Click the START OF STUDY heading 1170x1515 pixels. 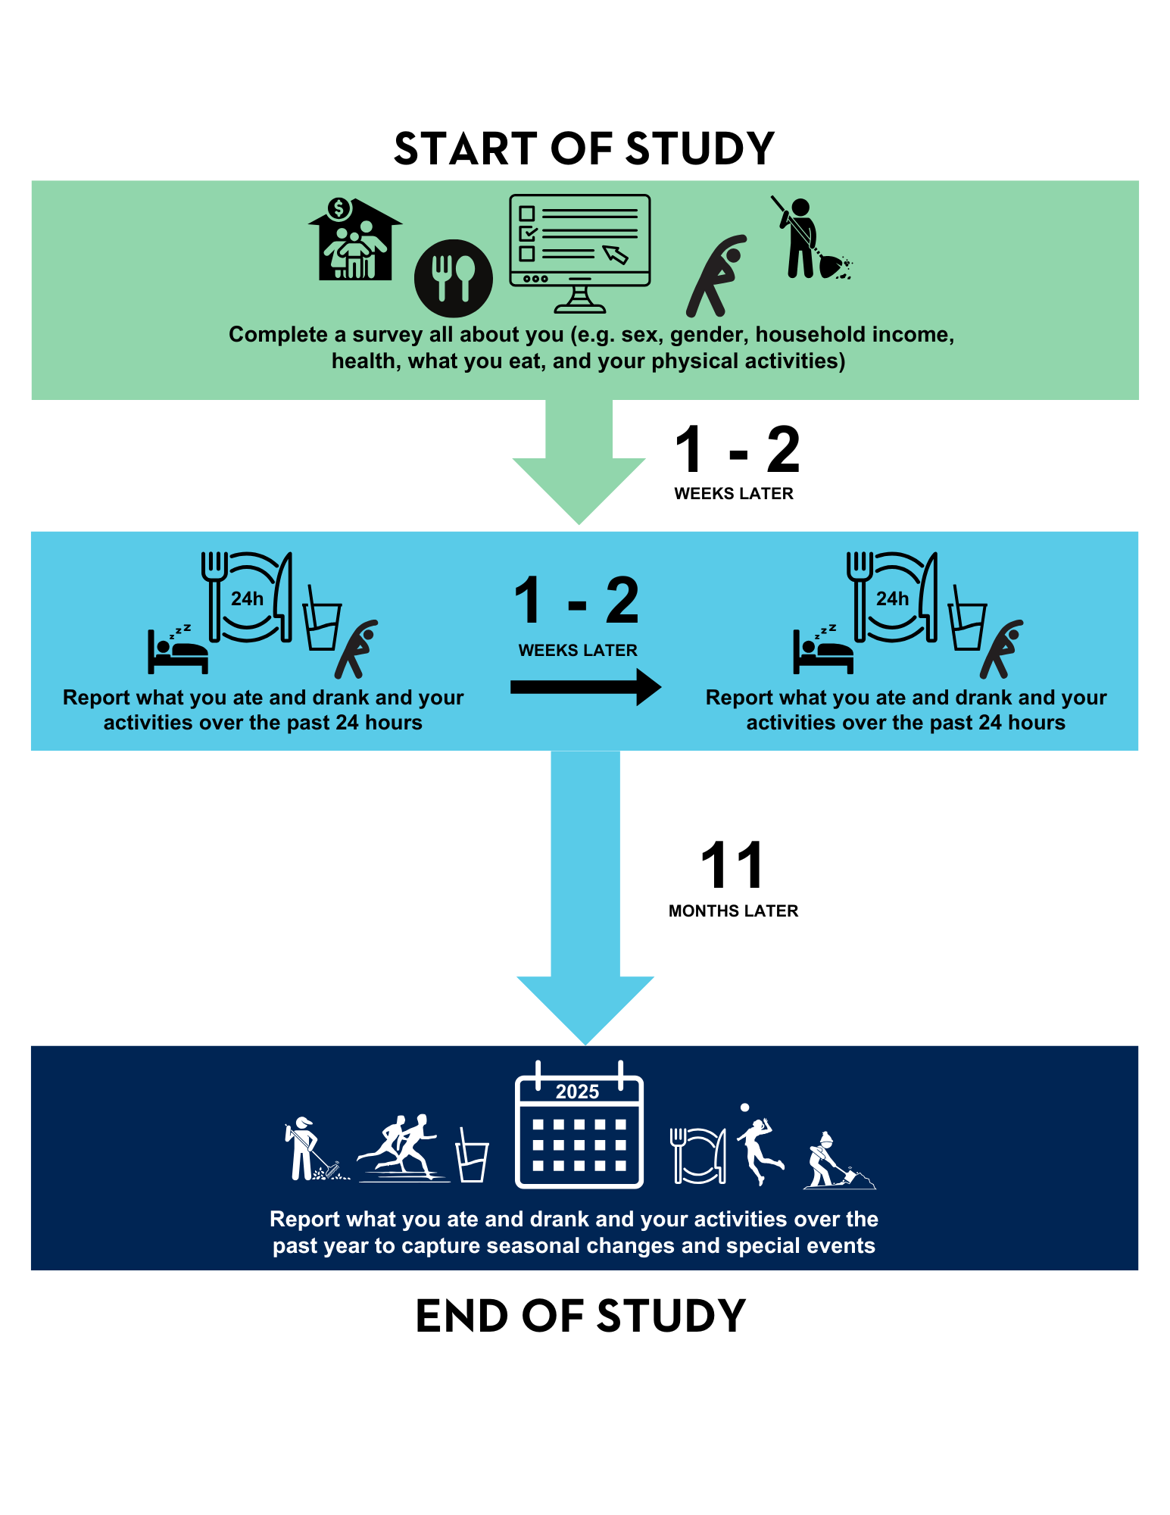(x=584, y=148)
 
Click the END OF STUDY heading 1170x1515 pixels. (x=581, y=1316)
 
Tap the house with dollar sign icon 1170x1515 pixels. (x=354, y=240)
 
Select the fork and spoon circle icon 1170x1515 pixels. (x=453, y=278)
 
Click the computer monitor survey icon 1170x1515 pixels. (x=579, y=252)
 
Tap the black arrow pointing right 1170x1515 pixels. (x=585, y=687)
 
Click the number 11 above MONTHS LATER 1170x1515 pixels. (x=732, y=866)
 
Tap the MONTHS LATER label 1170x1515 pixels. (x=733, y=911)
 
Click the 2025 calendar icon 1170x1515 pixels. (x=579, y=1125)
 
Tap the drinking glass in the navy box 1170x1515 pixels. (x=472, y=1157)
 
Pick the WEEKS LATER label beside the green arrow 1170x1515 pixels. (x=733, y=494)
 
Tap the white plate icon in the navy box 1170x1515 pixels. (x=699, y=1156)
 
